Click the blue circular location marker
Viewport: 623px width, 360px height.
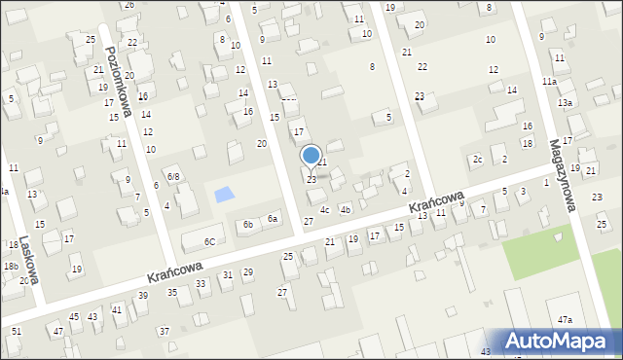311,155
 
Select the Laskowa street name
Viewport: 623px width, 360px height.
28,264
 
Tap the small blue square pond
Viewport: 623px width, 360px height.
224,194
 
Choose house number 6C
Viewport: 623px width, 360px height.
209,241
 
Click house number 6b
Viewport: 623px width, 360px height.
248,225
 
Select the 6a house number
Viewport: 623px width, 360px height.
274,219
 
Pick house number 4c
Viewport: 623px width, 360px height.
324,209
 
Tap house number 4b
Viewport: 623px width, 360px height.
345,209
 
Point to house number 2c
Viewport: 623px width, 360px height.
477,159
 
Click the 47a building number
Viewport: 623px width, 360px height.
565,320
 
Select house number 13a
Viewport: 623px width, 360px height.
565,103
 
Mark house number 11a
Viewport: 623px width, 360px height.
550,81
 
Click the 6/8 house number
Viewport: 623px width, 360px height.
172,176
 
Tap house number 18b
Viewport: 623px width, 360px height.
11,266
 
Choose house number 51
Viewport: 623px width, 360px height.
17,332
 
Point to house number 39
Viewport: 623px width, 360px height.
143,295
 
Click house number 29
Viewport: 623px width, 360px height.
248,271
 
